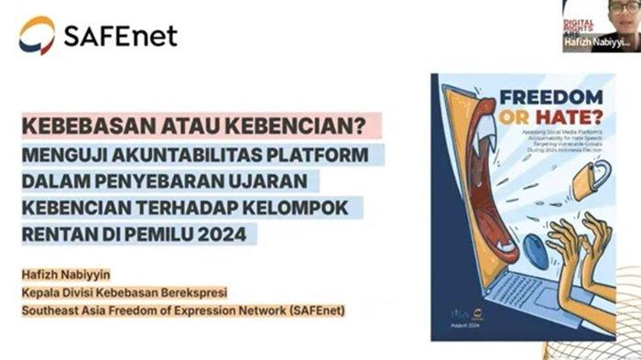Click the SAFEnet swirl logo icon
37,35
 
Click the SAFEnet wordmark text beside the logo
119,36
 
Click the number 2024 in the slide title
221,235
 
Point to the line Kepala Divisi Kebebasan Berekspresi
124,292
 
